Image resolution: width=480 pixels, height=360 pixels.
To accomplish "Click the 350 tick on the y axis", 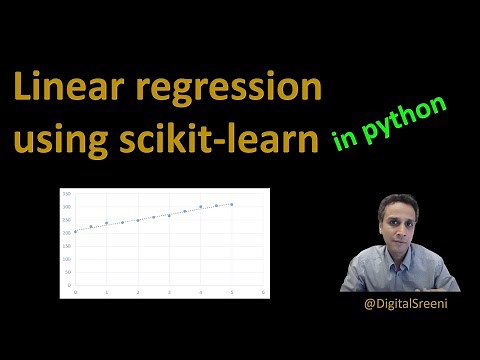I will [x=66, y=192].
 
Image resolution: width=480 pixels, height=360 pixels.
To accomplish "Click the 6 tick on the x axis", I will [x=262, y=292].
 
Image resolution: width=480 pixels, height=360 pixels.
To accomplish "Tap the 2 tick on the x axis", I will [x=137, y=292].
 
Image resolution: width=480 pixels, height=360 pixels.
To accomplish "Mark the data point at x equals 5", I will [x=231, y=204].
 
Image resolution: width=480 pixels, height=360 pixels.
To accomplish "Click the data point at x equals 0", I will [x=75, y=231].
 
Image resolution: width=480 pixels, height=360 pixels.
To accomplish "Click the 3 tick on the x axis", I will [x=169, y=292].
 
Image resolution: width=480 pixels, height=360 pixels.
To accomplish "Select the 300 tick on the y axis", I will [x=66, y=206].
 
